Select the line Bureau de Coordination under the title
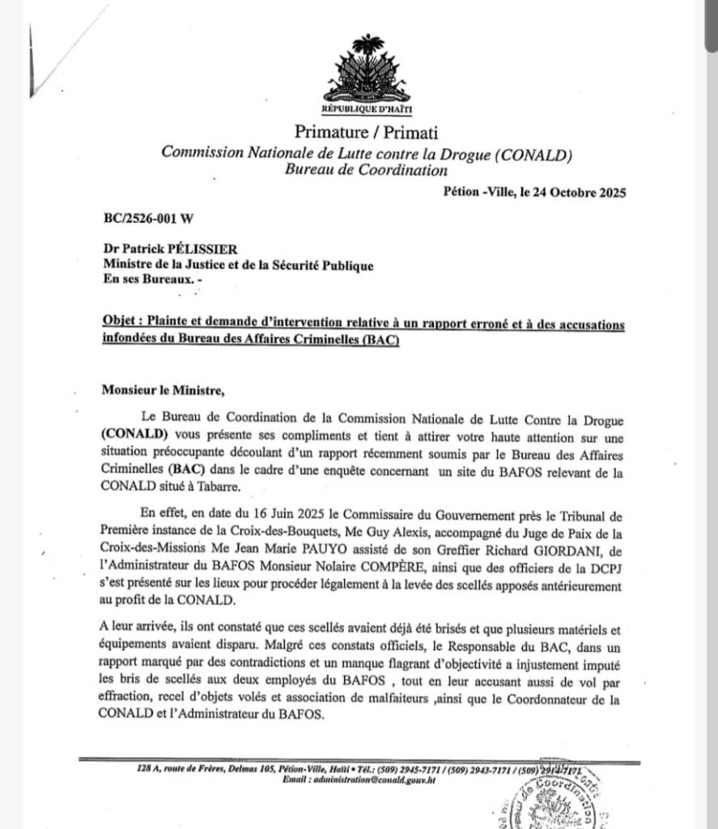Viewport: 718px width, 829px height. coord(366,170)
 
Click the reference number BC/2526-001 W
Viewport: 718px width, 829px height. coord(147,219)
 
